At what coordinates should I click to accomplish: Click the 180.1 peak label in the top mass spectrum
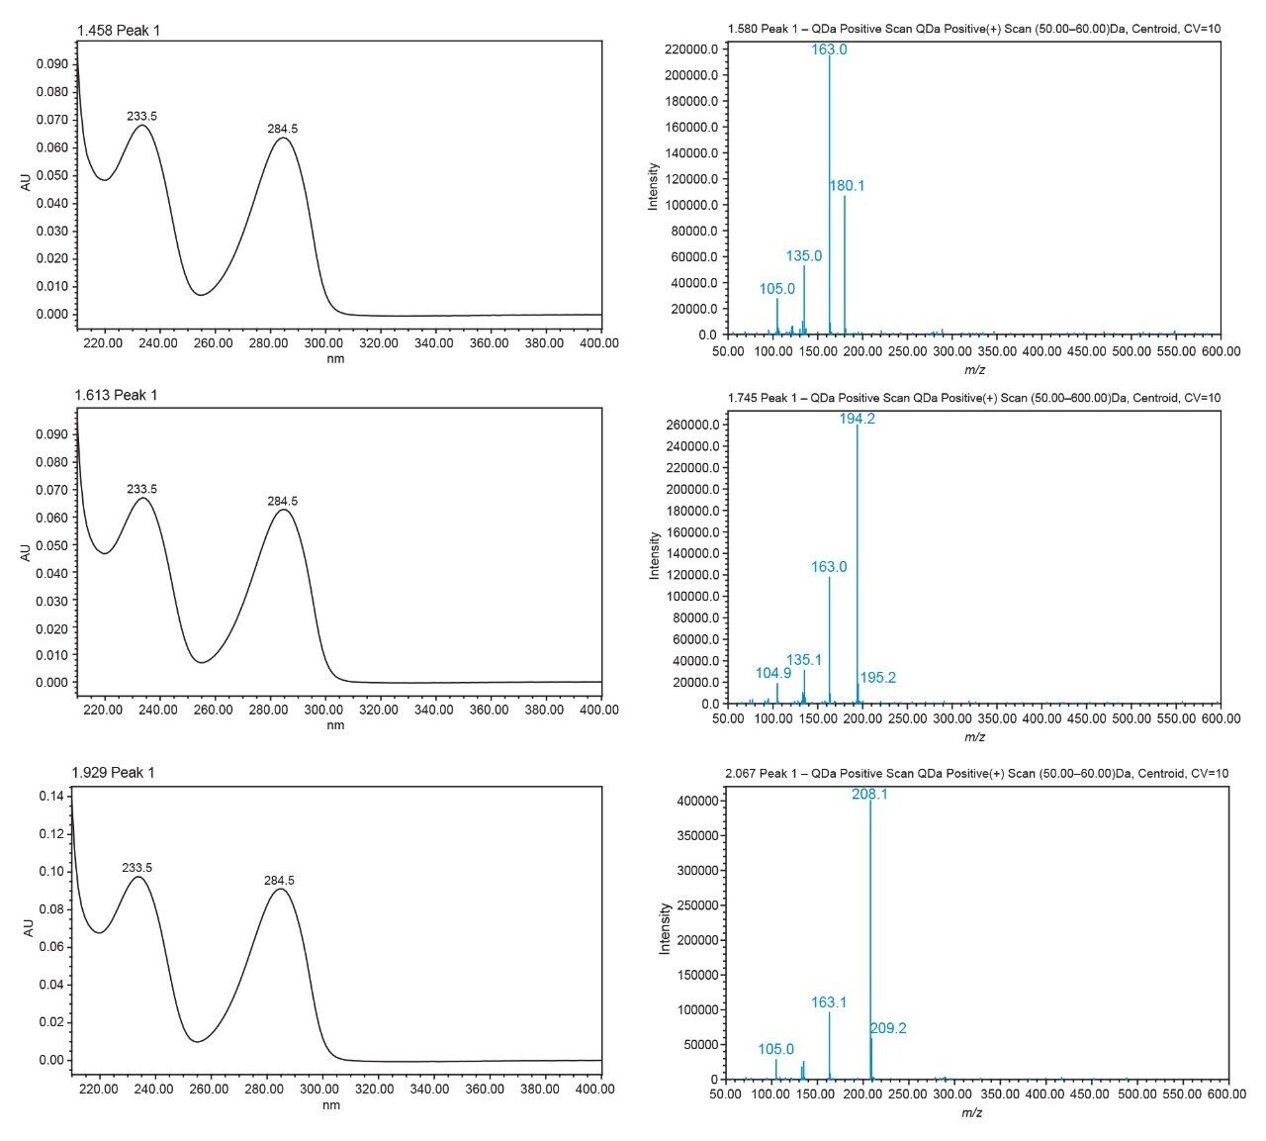(847, 186)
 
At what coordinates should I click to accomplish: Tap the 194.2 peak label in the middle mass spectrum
(858, 419)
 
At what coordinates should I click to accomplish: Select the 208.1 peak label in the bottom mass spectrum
(869, 794)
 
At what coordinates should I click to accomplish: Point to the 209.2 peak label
(888, 1028)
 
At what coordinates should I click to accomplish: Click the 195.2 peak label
(877, 678)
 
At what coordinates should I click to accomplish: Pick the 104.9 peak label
(773, 673)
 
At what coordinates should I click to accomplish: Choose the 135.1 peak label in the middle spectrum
(804, 660)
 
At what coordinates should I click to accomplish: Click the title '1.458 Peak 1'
(118, 31)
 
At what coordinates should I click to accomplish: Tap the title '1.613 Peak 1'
(116, 396)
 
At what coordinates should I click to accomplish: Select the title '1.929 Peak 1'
(113, 772)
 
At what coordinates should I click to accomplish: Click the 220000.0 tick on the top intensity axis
(689, 49)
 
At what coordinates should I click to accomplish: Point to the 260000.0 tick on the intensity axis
(689, 426)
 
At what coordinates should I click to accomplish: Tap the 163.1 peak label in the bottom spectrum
(829, 1002)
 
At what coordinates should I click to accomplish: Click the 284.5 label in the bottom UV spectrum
(279, 880)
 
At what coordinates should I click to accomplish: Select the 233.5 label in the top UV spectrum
(141, 116)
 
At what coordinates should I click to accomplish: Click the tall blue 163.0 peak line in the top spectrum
(830, 198)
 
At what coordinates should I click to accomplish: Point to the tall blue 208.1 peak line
(870, 940)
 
